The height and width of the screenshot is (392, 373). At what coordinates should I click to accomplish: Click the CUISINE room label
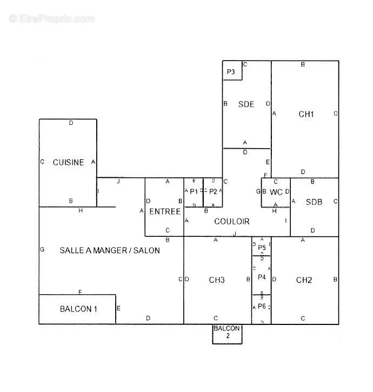pyautogui.click(x=68, y=162)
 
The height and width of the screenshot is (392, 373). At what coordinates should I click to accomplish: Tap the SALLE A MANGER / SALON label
pyautogui.click(x=110, y=250)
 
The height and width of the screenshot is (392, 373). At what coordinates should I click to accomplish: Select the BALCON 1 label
pyautogui.click(x=78, y=309)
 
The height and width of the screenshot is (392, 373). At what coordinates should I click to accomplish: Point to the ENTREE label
pyautogui.click(x=165, y=211)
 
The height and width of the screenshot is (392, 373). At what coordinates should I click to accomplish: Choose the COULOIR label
pyautogui.click(x=232, y=221)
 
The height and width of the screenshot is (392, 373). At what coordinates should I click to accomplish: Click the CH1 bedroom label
pyautogui.click(x=306, y=114)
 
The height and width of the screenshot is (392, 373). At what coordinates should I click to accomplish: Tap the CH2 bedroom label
pyautogui.click(x=304, y=280)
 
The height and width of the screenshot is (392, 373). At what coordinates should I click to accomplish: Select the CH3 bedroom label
pyautogui.click(x=217, y=280)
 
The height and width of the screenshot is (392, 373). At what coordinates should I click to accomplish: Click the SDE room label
pyautogui.click(x=246, y=104)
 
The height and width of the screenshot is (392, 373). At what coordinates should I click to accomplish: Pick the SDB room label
pyautogui.click(x=314, y=202)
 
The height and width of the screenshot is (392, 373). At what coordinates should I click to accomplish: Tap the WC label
pyautogui.click(x=276, y=192)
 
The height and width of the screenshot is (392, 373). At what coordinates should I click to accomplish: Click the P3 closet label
pyautogui.click(x=231, y=72)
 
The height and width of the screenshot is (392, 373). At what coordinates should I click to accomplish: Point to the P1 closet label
pyautogui.click(x=194, y=191)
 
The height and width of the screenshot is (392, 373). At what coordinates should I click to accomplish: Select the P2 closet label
pyautogui.click(x=213, y=191)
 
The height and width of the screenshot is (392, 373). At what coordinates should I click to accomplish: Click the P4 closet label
pyautogui.click(x=262, y=277)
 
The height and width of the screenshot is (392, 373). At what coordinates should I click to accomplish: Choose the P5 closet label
pyautogui.click(x=262, y=248)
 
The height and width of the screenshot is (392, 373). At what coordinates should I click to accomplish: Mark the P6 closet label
pyautogui.click(x=262, y=306)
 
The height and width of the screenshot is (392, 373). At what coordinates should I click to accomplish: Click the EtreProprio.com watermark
pyautogui.click(x=52, y=19)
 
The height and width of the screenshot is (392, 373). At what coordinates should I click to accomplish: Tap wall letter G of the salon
pyautogui.click(x=42, y=250)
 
